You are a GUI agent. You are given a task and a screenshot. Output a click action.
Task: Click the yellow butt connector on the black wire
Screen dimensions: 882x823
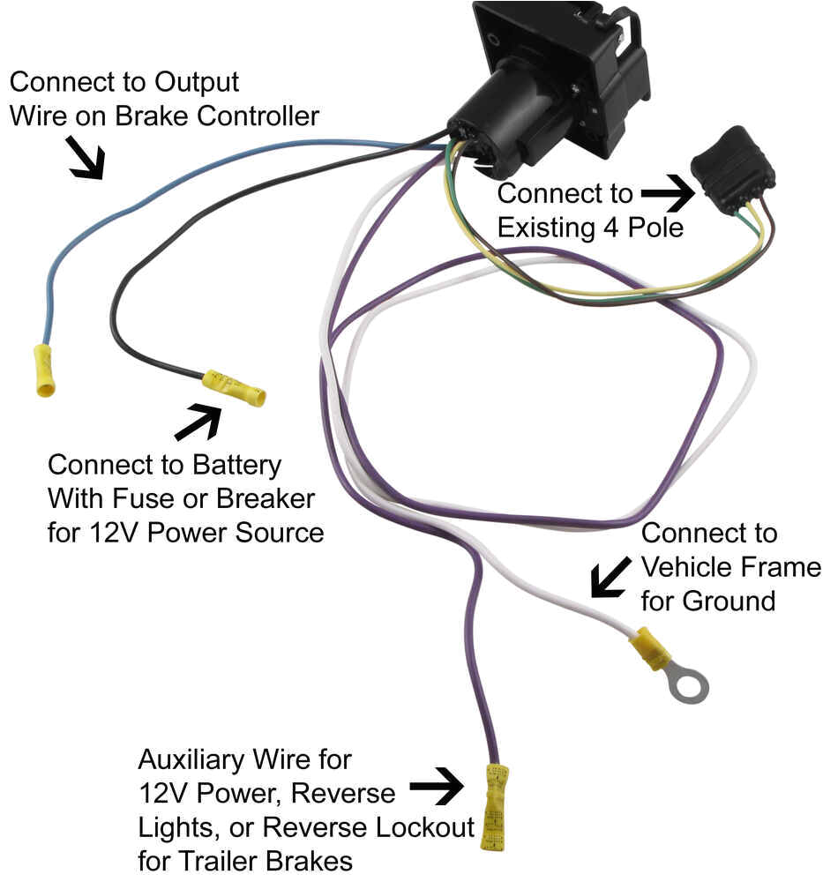click(234, 388)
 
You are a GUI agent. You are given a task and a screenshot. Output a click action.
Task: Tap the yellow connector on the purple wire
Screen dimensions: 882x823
click(495, 806)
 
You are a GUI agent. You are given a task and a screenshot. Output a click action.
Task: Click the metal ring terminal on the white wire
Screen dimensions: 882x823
click(687, 684)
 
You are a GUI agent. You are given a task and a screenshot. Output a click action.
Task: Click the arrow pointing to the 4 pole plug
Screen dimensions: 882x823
click(668, 194)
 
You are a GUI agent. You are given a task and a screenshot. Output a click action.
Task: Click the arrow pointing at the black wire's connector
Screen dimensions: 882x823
click(199, 422)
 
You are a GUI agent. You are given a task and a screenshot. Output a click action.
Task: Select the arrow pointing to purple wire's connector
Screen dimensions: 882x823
click(437, 784)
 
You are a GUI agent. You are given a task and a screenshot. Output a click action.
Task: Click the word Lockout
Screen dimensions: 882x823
click(419, 827)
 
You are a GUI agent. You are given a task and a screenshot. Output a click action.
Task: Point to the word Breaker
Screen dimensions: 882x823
click(264, 498)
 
